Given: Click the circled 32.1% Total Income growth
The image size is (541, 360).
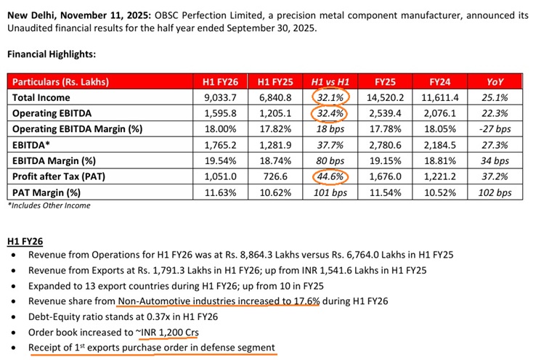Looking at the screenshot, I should tap(330, 97).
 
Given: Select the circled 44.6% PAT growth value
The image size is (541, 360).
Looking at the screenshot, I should tap(330, 177).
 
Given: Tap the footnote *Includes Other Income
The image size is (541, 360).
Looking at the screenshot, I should tap(49, 206).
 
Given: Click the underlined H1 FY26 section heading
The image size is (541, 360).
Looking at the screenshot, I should tap(26, 240).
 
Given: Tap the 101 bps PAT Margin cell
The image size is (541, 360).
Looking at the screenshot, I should tap(330, 193).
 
